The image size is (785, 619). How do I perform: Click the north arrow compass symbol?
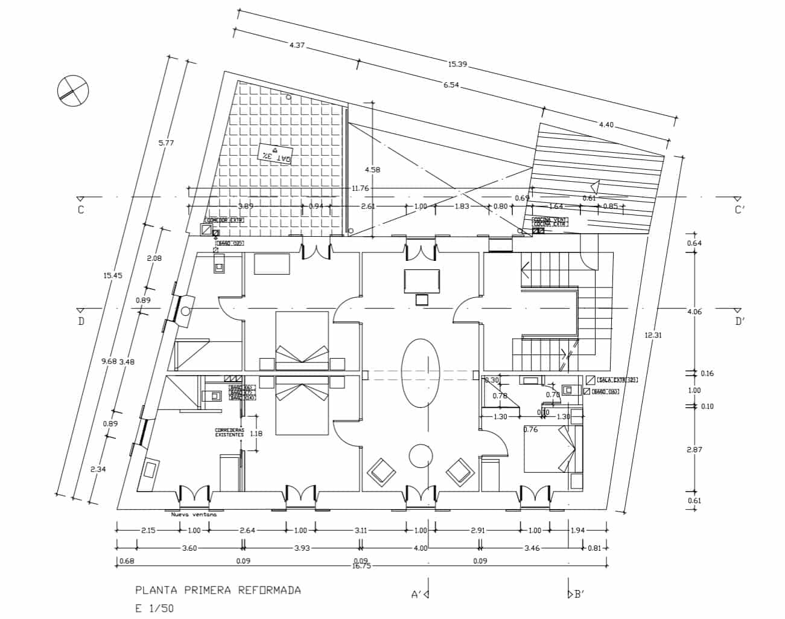click(x=73, y=91)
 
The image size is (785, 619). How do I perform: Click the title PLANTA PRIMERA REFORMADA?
click(x=218, y=590)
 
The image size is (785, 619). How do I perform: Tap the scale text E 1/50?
click(x=154, y=608)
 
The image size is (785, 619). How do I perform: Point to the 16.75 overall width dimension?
click(x=362, y=566)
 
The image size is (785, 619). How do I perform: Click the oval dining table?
click(x=420, y=375)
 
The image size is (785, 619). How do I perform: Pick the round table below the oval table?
click(x=420, y=456)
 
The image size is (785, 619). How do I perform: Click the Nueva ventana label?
click(x=194, y=515)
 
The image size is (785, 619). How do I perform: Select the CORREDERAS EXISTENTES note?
click(x=229, y=432)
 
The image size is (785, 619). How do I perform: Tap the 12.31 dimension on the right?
click(x=653, y=335)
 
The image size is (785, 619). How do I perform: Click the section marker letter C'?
click(x=740, y=210)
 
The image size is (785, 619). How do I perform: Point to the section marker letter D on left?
click(x=81, y=321)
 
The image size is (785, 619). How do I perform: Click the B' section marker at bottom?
click(x=577, y=594)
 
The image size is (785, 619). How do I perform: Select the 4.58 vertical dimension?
click(x=373, y=170)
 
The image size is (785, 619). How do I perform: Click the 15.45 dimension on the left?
click(x=113, y=275)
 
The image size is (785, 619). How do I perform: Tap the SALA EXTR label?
click(x=617, y=380)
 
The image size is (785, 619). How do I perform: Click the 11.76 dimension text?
click(x=360, y=188)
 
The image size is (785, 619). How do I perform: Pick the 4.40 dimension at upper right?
click(x=606, y=125)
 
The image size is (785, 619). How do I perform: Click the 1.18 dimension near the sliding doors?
click(x=256, y=433)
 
